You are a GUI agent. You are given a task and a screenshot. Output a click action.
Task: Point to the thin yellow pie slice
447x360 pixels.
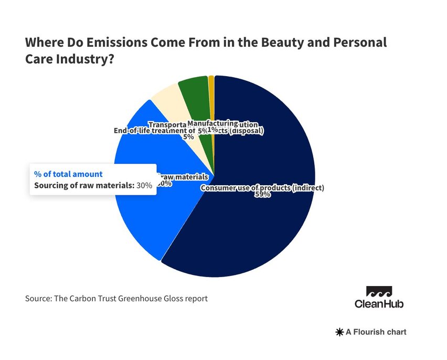tap(211, 84)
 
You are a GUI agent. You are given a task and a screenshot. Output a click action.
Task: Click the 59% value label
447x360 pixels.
tap(263, 195)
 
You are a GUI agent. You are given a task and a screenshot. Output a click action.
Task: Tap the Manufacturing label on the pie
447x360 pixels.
tap(212, 122)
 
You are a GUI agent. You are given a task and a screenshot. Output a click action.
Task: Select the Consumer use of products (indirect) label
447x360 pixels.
tap(263, 187)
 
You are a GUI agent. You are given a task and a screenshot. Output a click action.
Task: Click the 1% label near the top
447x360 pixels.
tap(213, 129)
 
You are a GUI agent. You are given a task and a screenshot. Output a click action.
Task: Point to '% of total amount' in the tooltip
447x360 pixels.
tap(68, 174)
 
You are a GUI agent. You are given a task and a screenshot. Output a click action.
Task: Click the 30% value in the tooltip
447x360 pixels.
tap(144, 185)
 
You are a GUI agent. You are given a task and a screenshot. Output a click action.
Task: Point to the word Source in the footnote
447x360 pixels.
tap(38, 299)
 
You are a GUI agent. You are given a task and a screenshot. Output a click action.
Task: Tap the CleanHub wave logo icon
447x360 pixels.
tap(379, 292)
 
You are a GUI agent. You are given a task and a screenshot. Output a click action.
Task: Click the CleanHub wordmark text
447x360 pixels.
tap(379, 304)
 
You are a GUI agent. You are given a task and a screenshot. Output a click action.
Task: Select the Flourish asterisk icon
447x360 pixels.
tap(339, 332)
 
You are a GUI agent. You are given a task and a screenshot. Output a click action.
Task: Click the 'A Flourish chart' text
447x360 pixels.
tap(376, 332)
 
